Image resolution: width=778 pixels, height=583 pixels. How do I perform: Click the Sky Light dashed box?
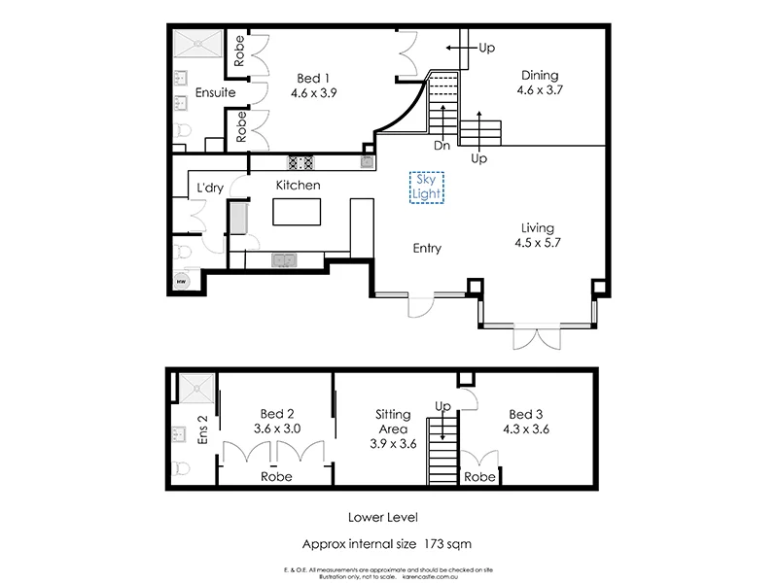(x=427, y=188)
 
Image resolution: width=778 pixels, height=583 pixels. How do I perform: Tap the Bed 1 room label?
(x=311, y=78)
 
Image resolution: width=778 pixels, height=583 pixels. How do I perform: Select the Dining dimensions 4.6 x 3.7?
(x=542, y=89)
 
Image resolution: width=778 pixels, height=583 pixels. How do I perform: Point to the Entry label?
(x=426, y=249)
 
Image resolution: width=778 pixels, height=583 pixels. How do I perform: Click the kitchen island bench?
(x=298, y=213)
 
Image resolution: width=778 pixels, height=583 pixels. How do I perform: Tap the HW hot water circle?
(x=181, y=280)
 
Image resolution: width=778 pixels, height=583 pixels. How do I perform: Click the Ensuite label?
(x=213, y=94)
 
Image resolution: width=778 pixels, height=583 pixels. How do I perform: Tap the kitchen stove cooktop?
(x=300, y=163)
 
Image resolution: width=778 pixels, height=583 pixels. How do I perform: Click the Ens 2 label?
(x=203, y=429)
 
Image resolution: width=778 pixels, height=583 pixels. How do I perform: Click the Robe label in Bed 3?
(x=479, y=477)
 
